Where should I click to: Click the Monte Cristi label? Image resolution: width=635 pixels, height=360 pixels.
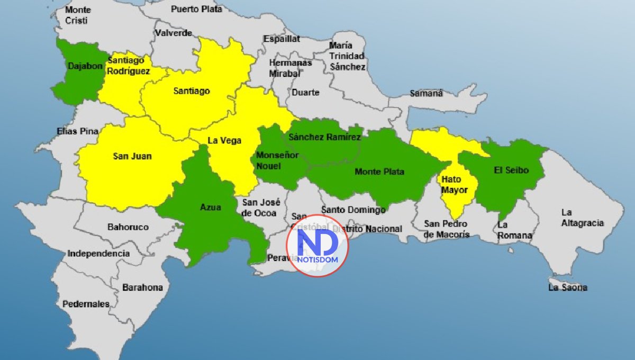click(x=78, y=15)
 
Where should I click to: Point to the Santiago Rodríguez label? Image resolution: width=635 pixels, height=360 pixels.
click(x=129, y=66)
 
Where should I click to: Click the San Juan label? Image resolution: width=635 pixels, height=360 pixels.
click(x=132, y=156)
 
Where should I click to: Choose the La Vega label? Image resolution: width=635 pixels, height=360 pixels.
click(x=224, y=141)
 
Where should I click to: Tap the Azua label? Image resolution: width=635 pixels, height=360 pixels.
click(x=211, y=207)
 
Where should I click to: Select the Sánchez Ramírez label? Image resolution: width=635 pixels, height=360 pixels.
click(x=325, y=138)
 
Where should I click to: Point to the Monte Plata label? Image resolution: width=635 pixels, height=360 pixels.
click(x=379, y=172)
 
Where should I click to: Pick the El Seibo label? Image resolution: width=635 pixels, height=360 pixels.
click(x=511, y=170)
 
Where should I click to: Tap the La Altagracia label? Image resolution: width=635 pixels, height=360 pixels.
click(x=582, y=218)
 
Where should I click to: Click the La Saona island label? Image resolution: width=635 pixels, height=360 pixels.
click(x=567, y=287)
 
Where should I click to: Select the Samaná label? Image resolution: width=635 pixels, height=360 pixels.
click(x=426, y=94)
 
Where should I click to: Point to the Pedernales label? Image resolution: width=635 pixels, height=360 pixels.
click(x=86, y=304)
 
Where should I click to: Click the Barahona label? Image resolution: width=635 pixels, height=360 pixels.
click(x=142, y=287)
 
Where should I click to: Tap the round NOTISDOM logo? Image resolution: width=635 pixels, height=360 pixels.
click(x=317, y=246)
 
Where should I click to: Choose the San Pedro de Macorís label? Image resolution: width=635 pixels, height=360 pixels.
click(x=447, y=229)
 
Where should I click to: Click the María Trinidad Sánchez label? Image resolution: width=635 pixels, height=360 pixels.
click(x=347, y=56)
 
